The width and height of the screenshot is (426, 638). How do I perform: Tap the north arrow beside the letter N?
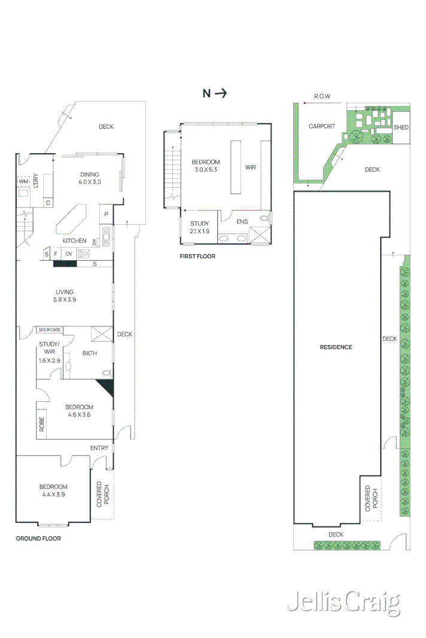point(221,93)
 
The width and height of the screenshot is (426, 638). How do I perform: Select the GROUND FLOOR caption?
point(38,538)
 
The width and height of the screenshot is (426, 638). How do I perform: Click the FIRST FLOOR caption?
point(197,256)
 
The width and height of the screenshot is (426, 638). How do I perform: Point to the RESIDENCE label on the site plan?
point(336,347)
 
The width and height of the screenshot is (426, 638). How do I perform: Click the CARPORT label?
point(322,126)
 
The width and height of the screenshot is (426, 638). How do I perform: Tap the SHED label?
point(401,127)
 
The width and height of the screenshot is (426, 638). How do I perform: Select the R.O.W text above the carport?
point(322,96)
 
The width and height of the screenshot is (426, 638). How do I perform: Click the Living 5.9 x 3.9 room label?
point(65,295)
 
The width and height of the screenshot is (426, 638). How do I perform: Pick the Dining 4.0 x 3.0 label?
point(90,178)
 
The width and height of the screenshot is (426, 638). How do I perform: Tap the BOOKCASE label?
point(49,329)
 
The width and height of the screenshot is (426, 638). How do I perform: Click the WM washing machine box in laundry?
point(24,181)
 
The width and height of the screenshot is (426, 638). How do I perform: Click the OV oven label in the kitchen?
point(69,254)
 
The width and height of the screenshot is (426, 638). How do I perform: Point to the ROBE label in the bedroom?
point(42,425)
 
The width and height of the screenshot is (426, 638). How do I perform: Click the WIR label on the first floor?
point(250,167)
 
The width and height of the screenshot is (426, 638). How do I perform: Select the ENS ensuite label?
point(242,221)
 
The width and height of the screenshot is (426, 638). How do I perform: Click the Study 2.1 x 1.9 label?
point(199,227)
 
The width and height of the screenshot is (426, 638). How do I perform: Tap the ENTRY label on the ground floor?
point(99,448)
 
